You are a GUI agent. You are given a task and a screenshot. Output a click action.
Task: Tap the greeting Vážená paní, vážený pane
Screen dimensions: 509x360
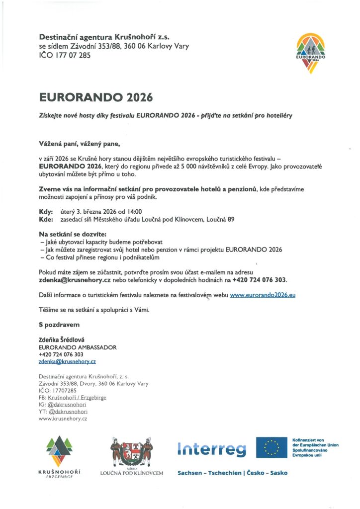point(79,144)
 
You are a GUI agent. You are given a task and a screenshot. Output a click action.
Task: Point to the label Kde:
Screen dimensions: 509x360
point(46,219)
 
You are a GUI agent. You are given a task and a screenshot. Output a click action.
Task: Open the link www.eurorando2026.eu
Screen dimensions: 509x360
point(263,295)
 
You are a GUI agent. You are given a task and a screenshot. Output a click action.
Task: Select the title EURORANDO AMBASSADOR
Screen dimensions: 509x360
point(78,347)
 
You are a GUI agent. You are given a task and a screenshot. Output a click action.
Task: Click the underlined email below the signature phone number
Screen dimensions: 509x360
point(67,362)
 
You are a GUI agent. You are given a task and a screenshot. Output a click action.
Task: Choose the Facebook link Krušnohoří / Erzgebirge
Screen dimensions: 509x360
point(77,398)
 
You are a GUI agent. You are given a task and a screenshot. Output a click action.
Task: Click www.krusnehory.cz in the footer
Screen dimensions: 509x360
point(63,419)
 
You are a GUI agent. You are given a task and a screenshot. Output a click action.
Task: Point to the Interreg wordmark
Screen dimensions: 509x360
point(212,449)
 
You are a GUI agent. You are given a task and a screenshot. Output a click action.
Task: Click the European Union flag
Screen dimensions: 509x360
point(271,447)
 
